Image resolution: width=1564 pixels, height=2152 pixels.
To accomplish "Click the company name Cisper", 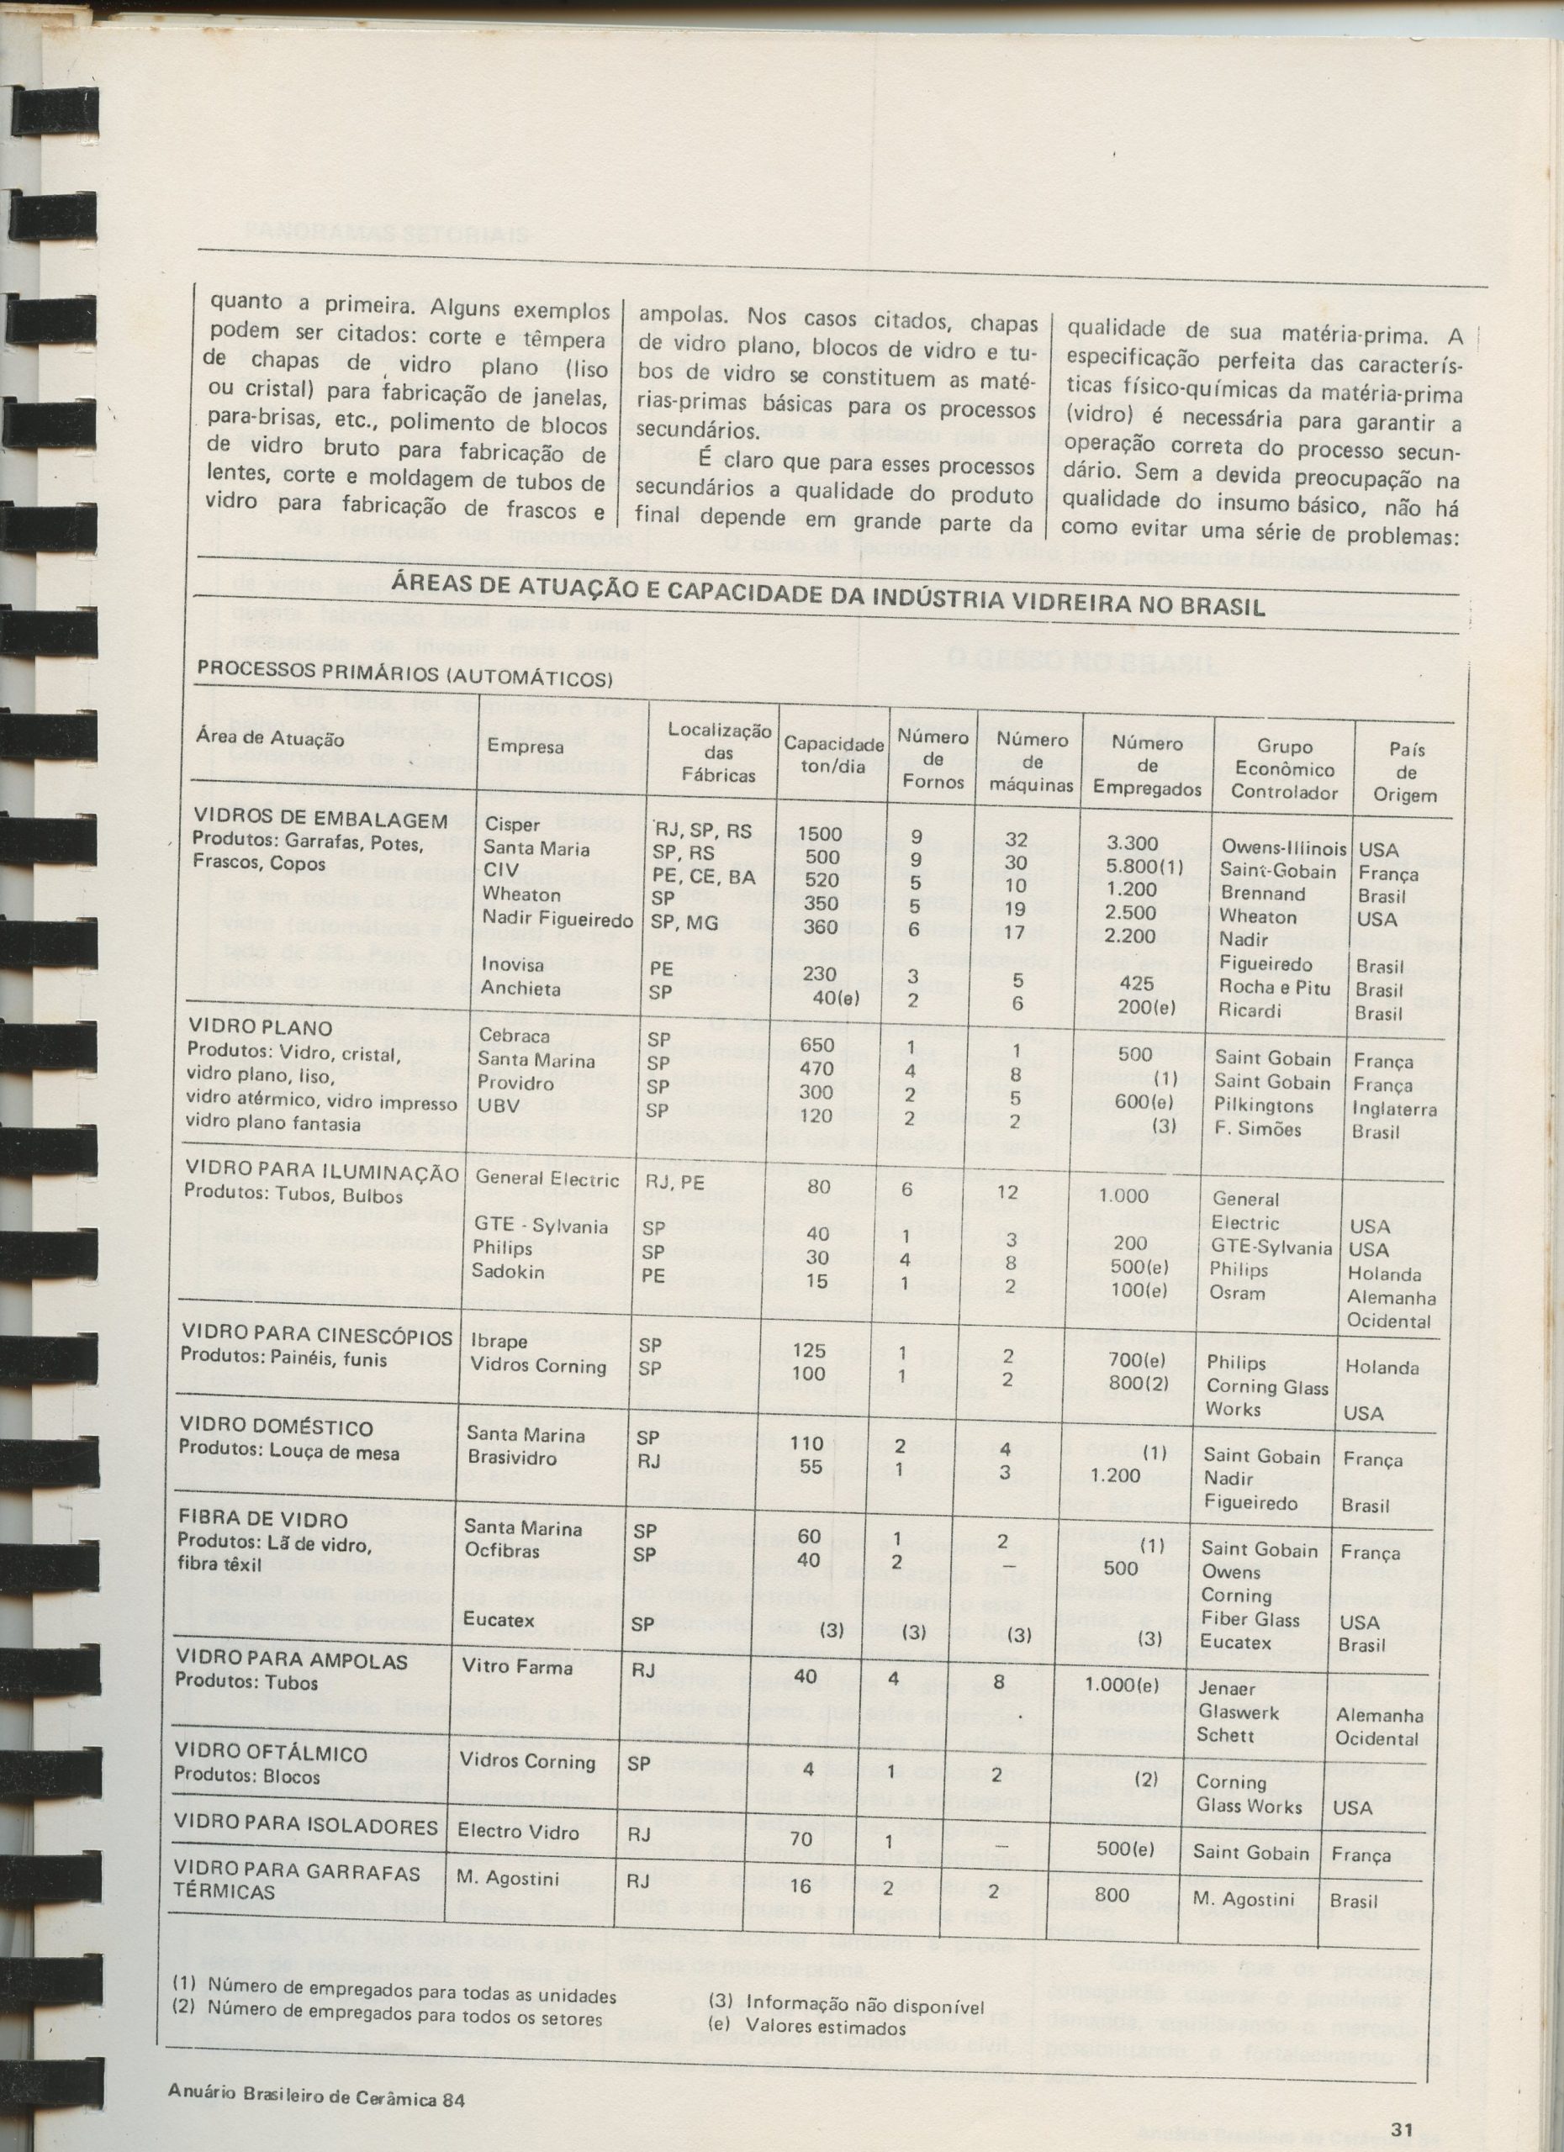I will [x=511, y=825].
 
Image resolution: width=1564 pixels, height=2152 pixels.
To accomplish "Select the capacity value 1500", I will [x=819, y=833].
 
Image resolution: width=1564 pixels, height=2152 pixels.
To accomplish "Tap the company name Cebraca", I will [x=515, y=1035].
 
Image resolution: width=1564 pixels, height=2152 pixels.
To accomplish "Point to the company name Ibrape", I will [x=499, y=1341].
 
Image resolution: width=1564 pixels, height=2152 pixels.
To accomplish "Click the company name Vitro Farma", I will [x=517, y=1666].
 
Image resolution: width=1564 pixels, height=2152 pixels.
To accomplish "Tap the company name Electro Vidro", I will [x=517, y=1830].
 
